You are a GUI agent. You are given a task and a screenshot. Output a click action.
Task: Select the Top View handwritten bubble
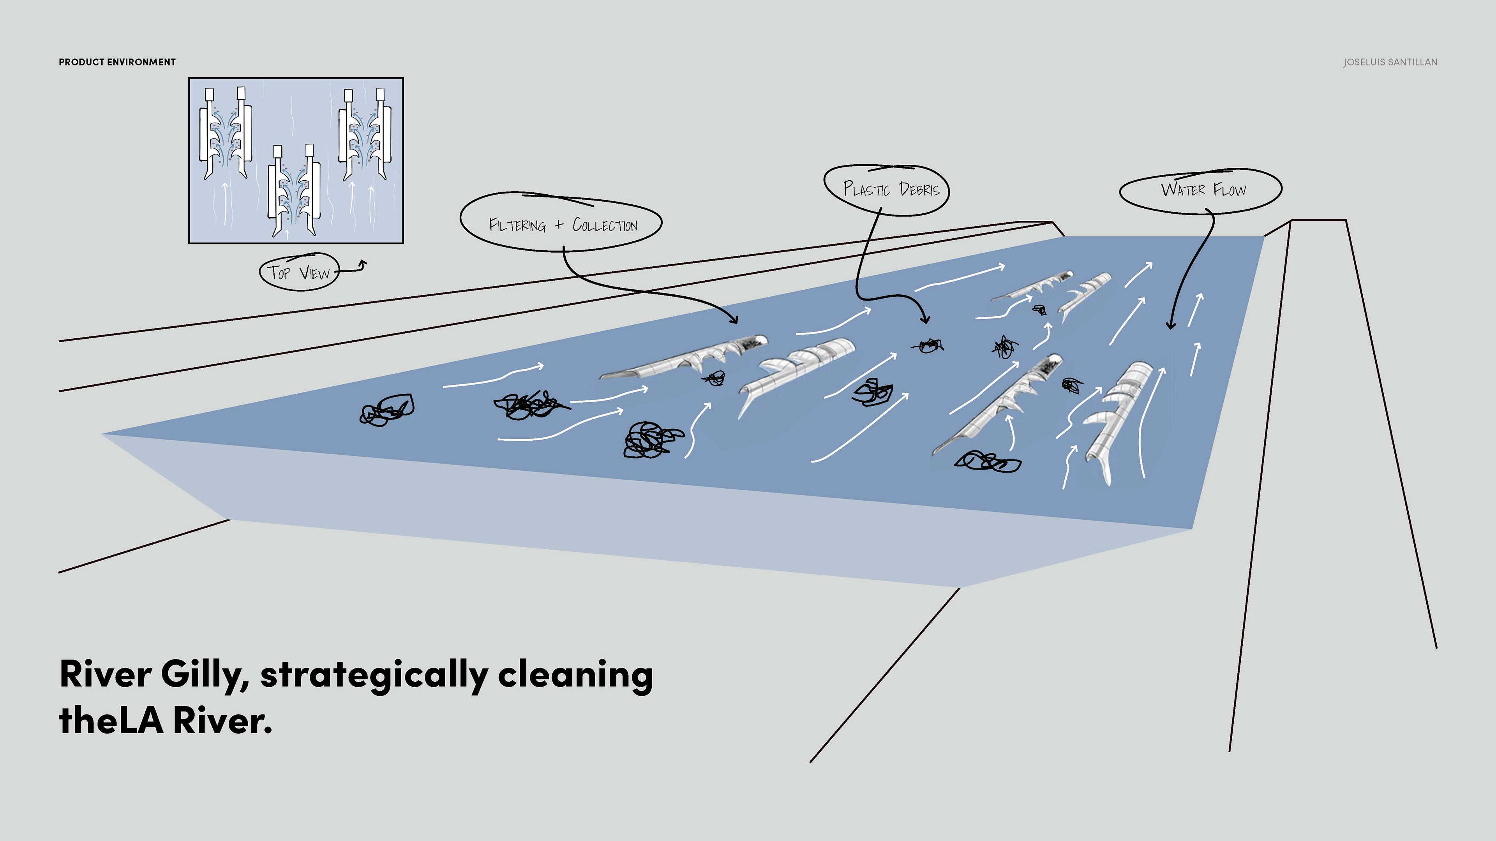pos(298,272)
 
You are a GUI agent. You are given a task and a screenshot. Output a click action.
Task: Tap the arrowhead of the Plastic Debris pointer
pos(925,319)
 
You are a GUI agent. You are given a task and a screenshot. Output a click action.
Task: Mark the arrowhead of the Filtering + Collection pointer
pos(735,320)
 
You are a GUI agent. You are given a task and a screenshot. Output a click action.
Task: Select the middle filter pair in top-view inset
pos(294,190)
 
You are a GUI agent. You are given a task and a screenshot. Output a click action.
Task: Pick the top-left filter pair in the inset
pos(225,134)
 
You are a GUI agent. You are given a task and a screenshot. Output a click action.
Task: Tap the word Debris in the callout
pos(919,189)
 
